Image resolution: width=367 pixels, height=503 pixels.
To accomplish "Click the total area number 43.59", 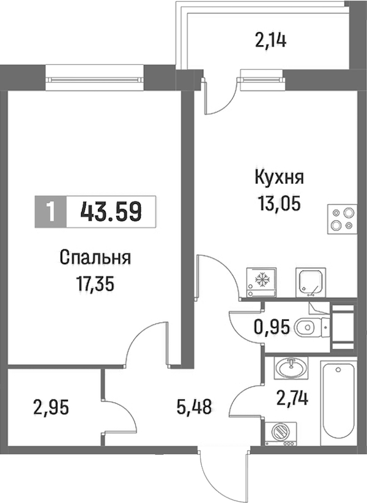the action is click(x=111, y=212).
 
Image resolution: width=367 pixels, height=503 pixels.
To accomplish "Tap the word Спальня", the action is click(x=95, y=259).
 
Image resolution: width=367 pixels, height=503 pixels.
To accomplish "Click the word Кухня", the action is click(x=279, y=178).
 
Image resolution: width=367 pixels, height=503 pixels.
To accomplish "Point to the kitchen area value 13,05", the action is click(x=279, y=204).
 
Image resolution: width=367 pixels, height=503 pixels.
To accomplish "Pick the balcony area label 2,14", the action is click(x=270, y=42).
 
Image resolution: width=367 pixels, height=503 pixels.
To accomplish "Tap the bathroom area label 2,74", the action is click(x=292, y=398).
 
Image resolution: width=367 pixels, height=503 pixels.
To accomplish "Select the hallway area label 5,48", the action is click(x=194, y=408).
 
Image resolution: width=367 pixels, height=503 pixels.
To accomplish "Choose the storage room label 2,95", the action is click(x=51, y=408).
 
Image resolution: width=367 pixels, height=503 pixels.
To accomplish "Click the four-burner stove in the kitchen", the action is click(x=342, y=219).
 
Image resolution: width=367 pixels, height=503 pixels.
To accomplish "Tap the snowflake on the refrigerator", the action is click(x=261, y=279).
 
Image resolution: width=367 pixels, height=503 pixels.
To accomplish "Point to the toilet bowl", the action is click(x=311, y=328).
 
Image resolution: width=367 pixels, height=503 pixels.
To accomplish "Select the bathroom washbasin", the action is click(x=291, y=368).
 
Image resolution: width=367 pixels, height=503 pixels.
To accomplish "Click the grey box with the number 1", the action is click(x=50, y=212).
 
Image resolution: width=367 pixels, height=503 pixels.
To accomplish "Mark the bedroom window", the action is click(x=94, y=78).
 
